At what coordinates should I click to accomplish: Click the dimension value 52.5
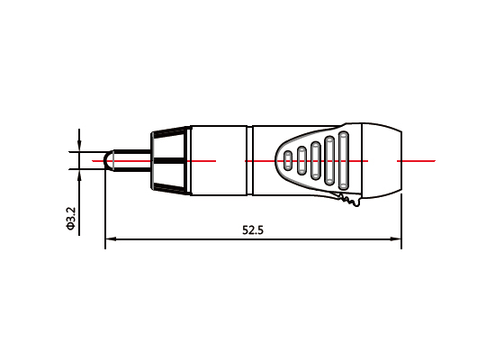tap(253, 230)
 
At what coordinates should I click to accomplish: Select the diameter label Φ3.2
tap(71, 219)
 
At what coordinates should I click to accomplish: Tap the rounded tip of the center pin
tap(108, 161)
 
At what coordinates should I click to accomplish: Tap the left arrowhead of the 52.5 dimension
tap(111, 240)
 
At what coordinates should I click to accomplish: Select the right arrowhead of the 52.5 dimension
tap(396, 240)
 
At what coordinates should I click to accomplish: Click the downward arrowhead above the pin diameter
tap(79, 148)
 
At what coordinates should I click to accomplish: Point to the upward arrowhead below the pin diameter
tap(79, 175)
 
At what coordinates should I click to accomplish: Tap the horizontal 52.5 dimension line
tap(180, 240)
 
